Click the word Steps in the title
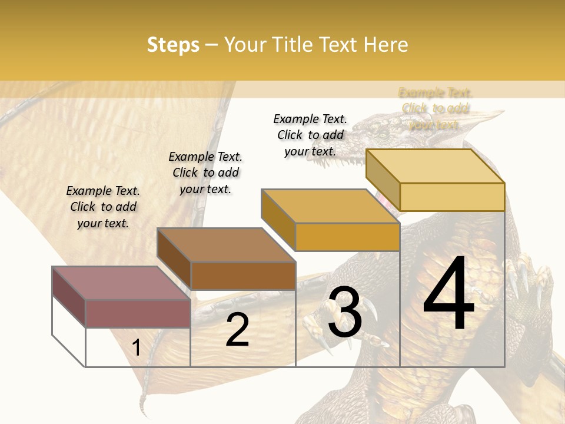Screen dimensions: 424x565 [x=173, y=45]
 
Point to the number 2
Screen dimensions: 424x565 [x=237, y=330]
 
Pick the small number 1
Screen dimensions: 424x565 [x=137, y=347]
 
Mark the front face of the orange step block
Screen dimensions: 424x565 [x=347, y=237]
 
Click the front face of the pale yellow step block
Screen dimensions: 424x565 [x=452, y=197]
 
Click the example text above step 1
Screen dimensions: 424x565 [x=103, y=207]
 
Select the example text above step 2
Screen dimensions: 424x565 [x=205, y=173]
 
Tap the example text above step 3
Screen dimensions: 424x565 [x=310, y=135]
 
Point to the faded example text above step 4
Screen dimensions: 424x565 [x=436, y=108]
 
